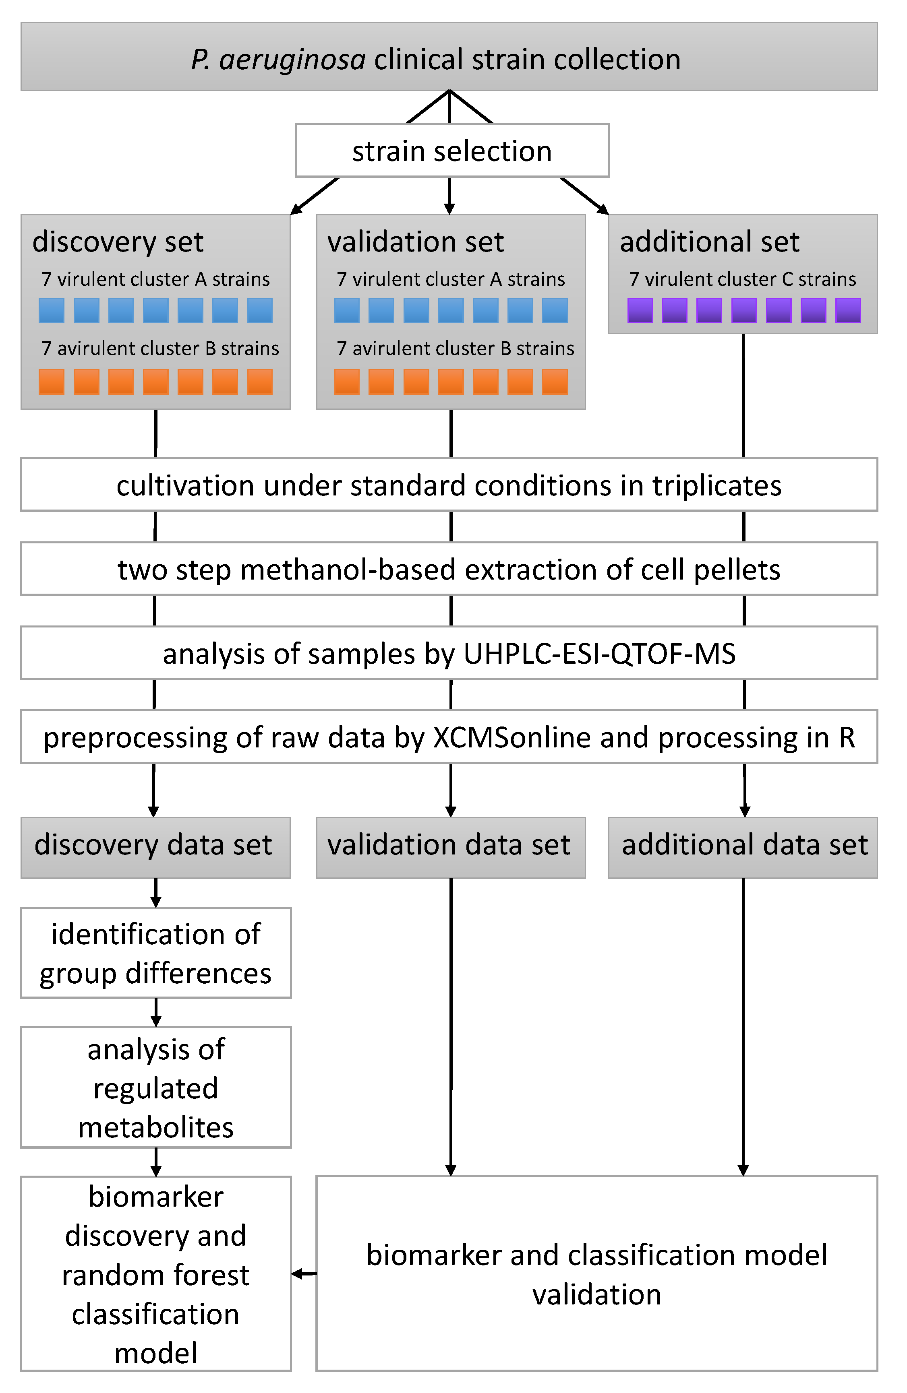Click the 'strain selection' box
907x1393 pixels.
click(451, 151)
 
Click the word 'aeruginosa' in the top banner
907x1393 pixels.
click(292, 60)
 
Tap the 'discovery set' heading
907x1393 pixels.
click(118, 241)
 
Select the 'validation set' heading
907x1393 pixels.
click(415, 241)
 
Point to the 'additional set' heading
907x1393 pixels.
click(709, 241)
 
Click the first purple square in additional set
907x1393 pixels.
click(640, 310)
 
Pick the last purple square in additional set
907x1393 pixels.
click(847, 310)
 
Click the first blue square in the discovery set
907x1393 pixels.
click(52, 310)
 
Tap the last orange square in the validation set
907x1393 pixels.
click(555, 382)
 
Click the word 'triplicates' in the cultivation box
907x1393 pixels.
click(717, 485)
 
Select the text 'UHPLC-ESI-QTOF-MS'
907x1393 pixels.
click(599, 653)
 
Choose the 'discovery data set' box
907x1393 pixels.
click(155, 846)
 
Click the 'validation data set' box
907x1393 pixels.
click(450, 846)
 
